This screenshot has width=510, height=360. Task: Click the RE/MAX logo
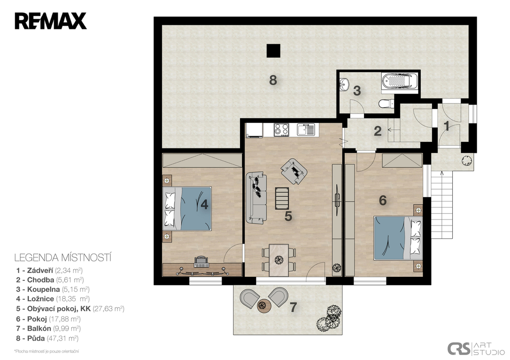tap(50, 21)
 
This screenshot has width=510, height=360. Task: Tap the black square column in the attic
tap(273, 51)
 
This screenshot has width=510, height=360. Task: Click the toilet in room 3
tap(386, 104)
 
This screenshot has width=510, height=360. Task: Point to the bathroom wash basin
tap(344, 84)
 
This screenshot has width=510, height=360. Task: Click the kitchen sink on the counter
tap(306, 129)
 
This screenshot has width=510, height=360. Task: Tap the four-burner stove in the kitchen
tap(281, 129)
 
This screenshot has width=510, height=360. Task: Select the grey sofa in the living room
tap(256, 198)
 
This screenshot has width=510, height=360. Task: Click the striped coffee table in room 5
tap(282, 198)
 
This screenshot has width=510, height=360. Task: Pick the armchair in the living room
tap(294, 171)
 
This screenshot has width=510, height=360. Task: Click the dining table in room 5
tap(279, 260)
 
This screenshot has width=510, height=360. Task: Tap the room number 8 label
tap(273, 80)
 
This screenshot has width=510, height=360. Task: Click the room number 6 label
tap(383, 200)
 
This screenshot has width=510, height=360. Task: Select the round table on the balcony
tap(264, 306)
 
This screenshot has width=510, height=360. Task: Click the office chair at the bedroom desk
tap(201, 261)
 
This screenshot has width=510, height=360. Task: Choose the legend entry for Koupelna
tap(53, 289)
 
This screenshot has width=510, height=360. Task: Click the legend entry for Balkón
tap(48, 329)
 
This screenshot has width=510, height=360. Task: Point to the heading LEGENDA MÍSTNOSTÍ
tap(63, 258)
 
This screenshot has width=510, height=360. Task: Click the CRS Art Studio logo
tap(476, 348)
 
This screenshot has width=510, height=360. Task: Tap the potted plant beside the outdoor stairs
tap(467, 161)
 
